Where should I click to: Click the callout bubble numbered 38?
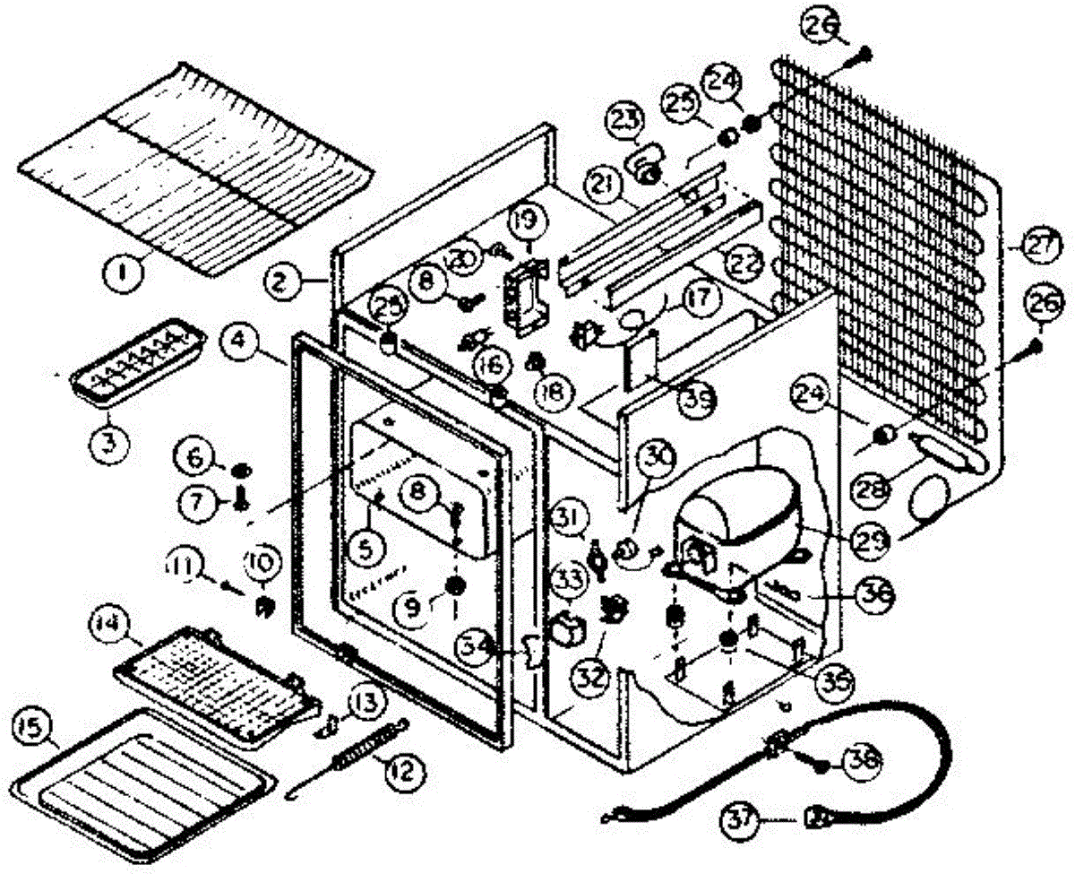pos(858,760)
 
